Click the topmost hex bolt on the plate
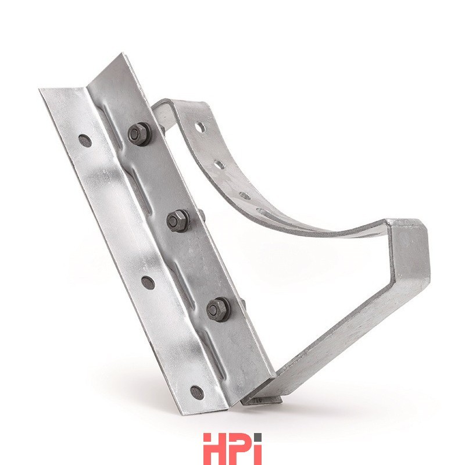tap(138, 134)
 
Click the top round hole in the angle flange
tap(85, 141)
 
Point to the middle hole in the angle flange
tap(148, 282)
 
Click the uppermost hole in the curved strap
tap(200, 127)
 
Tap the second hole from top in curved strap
tap(219, 164)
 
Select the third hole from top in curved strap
tap(244, 195)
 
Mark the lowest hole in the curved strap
tap(264, 212)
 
